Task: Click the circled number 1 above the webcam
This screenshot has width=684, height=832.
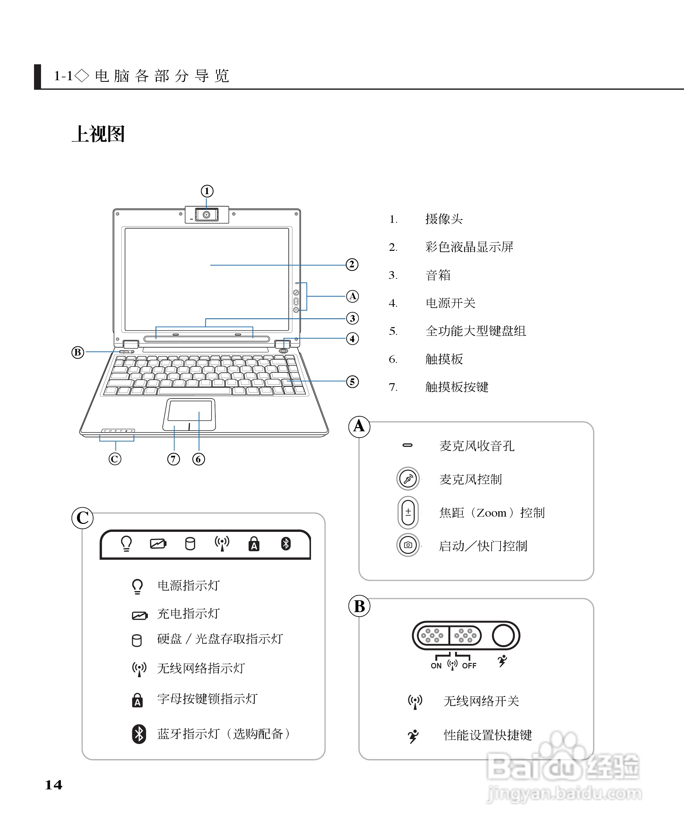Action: coord(207,191)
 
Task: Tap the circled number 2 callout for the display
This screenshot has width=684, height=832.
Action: coord(352,264)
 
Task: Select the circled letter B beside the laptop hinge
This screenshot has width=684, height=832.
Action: coord(78,352)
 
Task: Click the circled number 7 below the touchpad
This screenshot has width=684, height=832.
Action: coord(173,459)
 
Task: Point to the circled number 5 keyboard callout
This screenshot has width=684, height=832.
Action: coord(352,382)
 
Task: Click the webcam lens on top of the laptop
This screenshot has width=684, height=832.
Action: coord(206,215)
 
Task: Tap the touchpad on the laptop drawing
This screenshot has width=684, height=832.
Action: coord(190,411)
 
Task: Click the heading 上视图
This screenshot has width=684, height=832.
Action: coord(99,134)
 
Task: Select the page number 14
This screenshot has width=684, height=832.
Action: coord(54,785)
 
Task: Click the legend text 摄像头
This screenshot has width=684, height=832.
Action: coord(444,219)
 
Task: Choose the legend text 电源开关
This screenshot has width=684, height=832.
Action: coord(450,303)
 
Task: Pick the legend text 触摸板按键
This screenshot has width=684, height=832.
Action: coord(457,387)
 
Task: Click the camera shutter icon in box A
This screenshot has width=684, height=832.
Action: coord(408,545)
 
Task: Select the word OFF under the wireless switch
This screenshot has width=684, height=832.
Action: coord(469,666)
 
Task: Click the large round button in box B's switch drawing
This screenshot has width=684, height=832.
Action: coord(503,635)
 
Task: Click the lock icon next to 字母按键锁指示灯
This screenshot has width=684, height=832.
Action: coord(137,700)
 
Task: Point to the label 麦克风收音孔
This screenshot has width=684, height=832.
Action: coord(477,446)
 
